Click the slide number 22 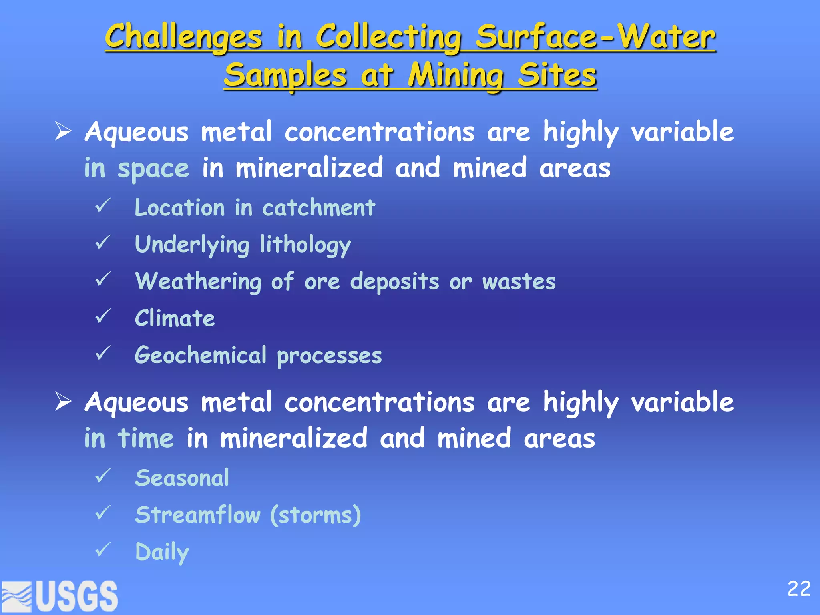(798, 589)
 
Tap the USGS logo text (76, 596)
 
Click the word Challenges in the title (183, 37)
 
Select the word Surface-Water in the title (595, 37)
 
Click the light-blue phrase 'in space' (137, 168)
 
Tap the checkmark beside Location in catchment (103, 206)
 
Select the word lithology (305, 245)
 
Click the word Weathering (198, 281)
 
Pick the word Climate (175, 318)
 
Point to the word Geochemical (200, 355)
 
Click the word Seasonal (182, 478)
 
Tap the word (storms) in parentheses (316, 515)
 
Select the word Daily (162, 552)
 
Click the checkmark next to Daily (103, 550)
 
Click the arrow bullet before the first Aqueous (63, 131)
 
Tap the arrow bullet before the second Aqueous (63, 402)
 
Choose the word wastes (519, 281)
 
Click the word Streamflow (198, 515)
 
